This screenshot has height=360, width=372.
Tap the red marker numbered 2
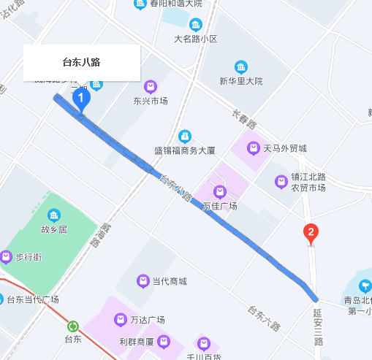(311, 234)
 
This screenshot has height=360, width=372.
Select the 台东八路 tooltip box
(81, 63)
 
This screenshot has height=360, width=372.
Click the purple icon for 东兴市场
(151, 86)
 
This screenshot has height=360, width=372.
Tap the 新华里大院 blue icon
(240, 66)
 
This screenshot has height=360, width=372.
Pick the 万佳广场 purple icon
(219, 191)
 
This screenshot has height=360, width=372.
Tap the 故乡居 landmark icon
(53, 215)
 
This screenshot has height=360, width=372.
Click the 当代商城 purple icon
(143, 281)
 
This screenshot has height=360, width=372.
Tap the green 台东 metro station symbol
(72, 326)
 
